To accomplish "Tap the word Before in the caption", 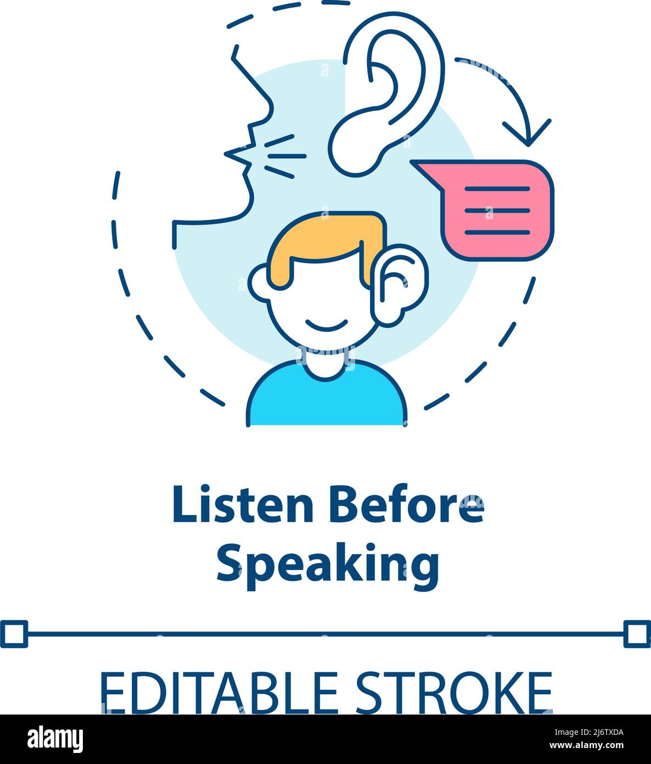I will (x=407, y=505).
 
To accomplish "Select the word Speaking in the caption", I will (x=328, y=563).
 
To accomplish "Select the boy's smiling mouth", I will (x=327, y=326).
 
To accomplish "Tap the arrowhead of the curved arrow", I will (x=527, y=135).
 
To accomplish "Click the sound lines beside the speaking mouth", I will (x=283, y=156).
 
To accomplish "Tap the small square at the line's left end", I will (x=14, y=634).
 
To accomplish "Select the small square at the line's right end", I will (x=637, y=634).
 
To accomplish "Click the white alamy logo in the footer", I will (x=55, y=739).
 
